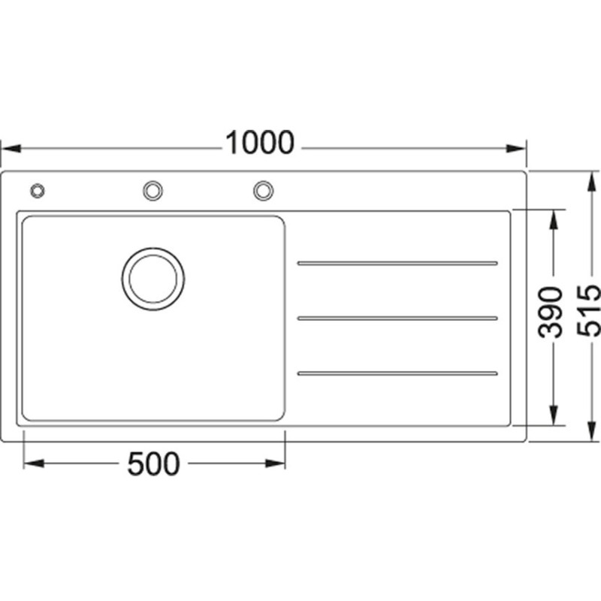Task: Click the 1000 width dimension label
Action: [260, 143]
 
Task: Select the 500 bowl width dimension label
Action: [153, 464]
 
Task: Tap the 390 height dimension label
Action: [551, 312]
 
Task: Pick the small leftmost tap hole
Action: [37, 191]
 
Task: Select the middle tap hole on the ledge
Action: [153, 191]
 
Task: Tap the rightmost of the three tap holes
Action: [264, 191]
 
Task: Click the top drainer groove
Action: [397, 264]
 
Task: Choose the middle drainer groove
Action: [397, 318]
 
